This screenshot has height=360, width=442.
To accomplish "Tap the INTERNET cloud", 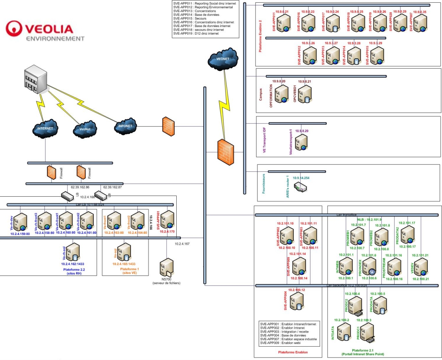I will (x=45, y=129).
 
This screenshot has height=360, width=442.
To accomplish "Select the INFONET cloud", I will (x=125, y=126).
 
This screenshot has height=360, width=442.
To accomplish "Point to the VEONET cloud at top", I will (x=223, y=59).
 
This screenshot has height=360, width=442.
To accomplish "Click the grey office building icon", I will (x=36, y=80).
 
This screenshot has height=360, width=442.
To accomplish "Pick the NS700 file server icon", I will (x=167, y=267).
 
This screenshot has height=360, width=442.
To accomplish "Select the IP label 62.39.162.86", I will (x=80, y=187).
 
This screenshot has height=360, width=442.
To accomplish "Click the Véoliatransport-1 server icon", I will (x=301, y=142).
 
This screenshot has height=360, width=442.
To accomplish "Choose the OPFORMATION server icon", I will (x=282, y=94).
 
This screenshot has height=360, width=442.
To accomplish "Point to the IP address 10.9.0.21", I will (x=282, y=12).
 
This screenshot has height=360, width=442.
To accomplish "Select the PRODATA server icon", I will (x=380, y=305).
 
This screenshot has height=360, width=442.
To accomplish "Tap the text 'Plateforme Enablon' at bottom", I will (x=293, y=352).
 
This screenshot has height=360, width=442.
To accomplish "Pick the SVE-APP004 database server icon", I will (x=296, y=301).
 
